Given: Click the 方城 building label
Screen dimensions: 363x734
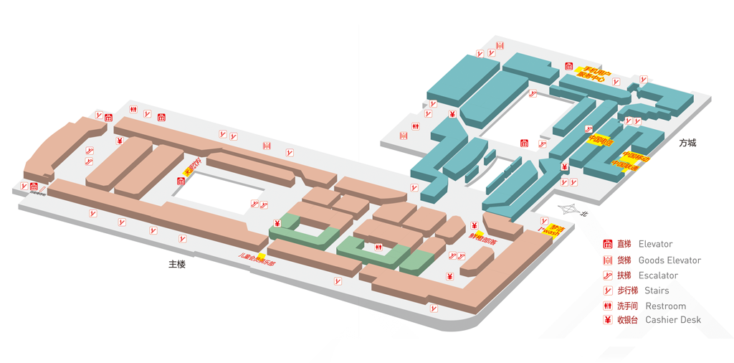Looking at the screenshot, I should pos(687,143).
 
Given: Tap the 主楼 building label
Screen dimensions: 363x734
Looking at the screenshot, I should pos(177,264).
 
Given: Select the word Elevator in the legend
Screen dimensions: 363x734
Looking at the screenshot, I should pos(655,244).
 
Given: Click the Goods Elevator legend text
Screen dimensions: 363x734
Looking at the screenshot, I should pos(669,260).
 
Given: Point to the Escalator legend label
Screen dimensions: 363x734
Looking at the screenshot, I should pos(658,275).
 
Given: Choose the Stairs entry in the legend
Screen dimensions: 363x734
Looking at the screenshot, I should pos(657,291).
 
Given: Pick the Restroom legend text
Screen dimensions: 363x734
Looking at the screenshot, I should pos(665,306).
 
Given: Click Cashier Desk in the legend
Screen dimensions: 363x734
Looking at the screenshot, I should pos(673,320).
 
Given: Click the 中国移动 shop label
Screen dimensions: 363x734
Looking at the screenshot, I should pos(636,156).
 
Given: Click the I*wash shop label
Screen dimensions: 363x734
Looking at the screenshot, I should pos(549,231).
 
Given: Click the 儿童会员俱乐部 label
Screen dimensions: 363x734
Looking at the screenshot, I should pos(257,258).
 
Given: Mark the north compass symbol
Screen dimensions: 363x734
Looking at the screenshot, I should pos(571,210).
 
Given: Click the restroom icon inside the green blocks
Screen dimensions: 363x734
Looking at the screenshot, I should pos(378,247).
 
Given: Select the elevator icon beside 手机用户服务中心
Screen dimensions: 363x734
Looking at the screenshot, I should pos(568,66).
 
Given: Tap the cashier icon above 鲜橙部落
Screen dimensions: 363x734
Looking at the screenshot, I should pos(474,226).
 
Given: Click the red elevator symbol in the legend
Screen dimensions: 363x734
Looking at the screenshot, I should pos(606,244).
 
